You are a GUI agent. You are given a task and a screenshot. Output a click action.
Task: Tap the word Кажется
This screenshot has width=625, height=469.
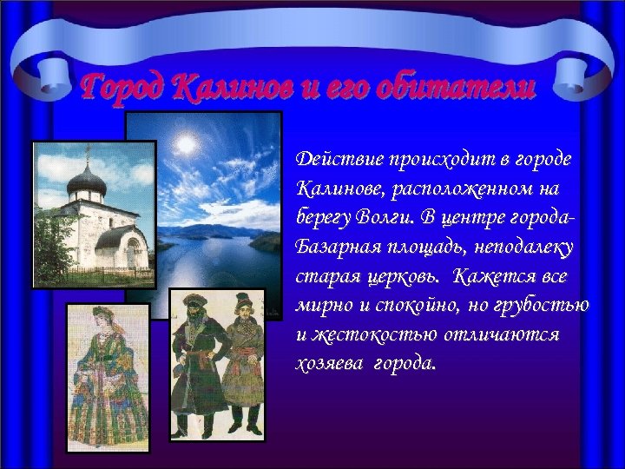[497, 278]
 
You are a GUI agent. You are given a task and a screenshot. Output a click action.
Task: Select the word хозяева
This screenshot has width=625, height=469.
[328, 363]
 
